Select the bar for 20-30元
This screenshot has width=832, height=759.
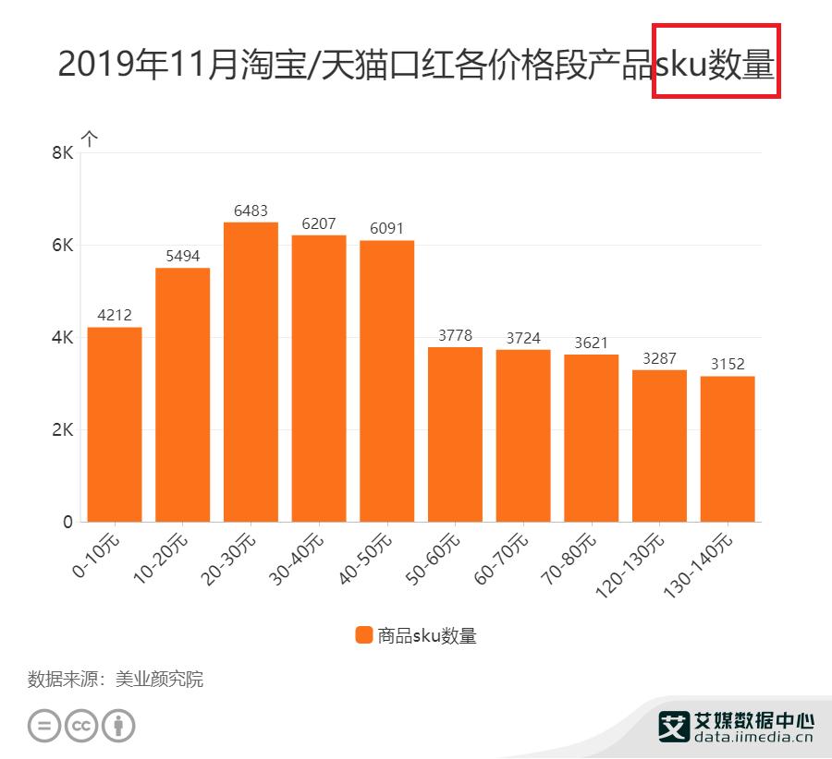(x=251, y=372)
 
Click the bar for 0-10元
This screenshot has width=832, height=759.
(x=115, y=425)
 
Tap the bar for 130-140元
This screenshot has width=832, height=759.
(x=728, y=449)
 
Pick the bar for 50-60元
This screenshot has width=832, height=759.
(x=455, y=434)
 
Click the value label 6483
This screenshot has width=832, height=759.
(x=251, y=211)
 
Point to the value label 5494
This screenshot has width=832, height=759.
(x=182, y=257)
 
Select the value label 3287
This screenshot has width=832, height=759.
(x=659, y=358)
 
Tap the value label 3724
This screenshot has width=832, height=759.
(x=523, y=338)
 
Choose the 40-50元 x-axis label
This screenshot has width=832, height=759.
(x=366, y=554)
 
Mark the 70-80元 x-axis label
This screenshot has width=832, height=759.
(x=569, y=554)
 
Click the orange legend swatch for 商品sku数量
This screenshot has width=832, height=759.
(x=363, y=635)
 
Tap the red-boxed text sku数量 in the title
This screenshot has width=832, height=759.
(x=716, y=64)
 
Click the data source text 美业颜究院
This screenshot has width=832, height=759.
(x=159, y=680)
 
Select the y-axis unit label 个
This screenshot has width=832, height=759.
(x=90, y=139)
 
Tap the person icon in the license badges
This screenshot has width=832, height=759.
(x=118, y=726)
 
